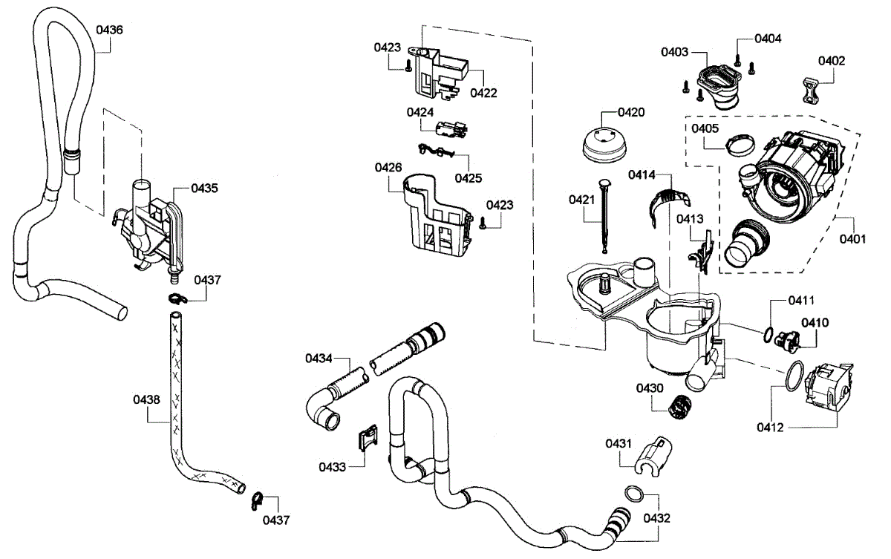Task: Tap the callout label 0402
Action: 832,61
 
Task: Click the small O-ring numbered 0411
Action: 769,333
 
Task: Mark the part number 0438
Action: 146,399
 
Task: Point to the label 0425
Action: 469,178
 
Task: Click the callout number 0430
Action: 649,388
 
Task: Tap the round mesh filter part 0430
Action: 677,407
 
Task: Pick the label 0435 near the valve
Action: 204,189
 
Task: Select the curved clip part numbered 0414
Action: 669,202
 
